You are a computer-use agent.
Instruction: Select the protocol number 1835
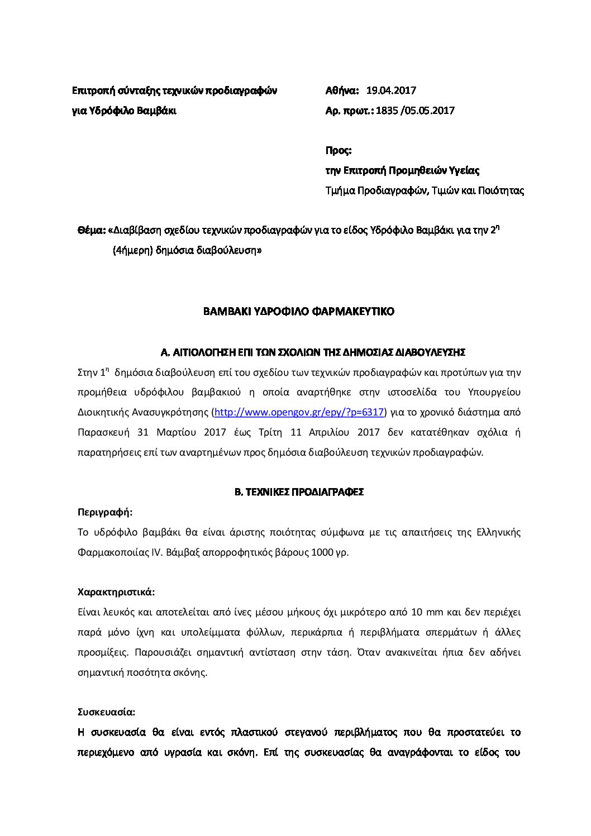388,111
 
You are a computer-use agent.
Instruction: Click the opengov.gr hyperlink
299,412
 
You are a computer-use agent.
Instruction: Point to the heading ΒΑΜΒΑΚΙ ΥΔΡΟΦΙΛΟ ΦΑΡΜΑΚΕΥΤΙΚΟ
299,312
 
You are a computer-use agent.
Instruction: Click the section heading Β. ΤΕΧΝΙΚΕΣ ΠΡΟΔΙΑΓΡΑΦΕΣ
299,492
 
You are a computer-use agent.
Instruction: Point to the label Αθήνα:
342,90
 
